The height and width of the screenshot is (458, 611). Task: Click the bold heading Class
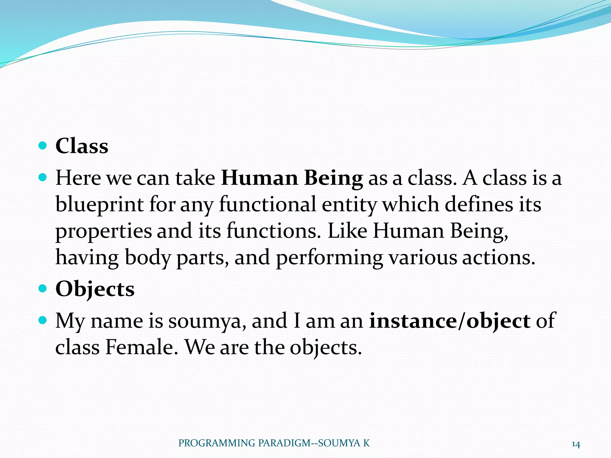(x=82, y=146)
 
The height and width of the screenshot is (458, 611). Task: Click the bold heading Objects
(x=95, y=289)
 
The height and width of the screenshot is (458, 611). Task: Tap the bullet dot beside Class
(x=43, y=146)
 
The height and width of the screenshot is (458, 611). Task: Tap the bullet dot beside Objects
(x=43, y=289)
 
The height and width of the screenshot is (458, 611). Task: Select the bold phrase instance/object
(x=450, y=321)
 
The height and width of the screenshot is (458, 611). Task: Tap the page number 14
(x=575, y=445)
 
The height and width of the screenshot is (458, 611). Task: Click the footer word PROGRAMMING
(x=217, y=443)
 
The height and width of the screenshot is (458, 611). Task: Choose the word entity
(x=349, y=205)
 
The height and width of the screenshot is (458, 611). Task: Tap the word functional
(x=267, y=205)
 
